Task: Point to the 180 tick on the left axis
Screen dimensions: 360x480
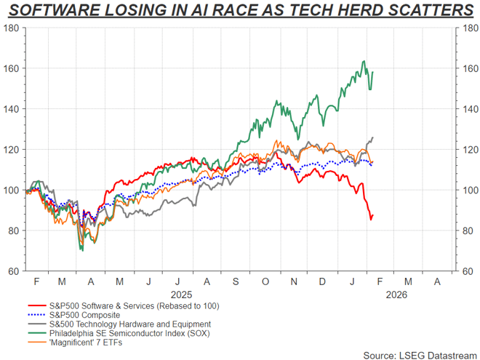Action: (12, 28)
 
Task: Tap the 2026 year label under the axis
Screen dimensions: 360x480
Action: (397, 295)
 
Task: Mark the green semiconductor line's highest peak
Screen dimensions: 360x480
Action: (363, 61)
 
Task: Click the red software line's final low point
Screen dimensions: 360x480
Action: (371, 219)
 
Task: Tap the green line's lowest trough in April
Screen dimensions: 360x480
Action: (81, 251)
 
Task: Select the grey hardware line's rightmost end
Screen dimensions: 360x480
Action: (373, 137)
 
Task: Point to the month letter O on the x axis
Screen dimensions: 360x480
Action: (265, 281)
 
